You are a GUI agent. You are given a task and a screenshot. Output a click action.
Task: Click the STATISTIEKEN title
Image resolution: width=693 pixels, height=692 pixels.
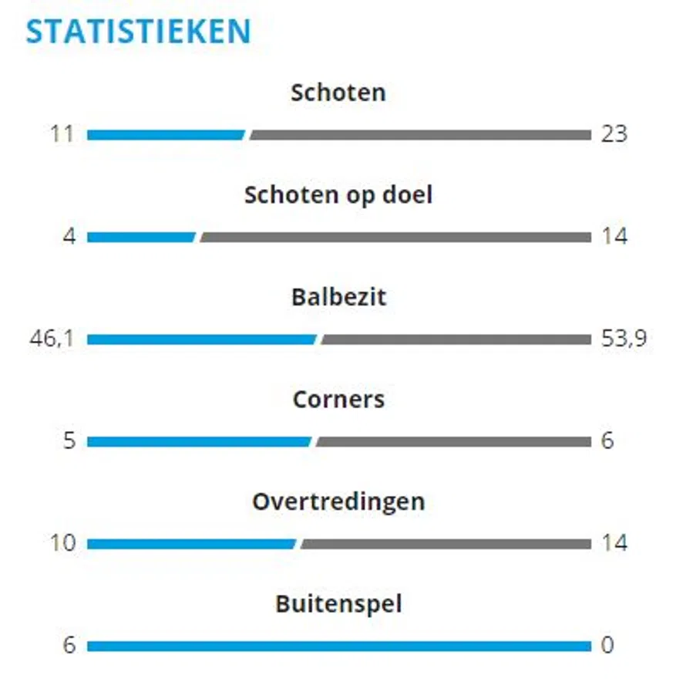click(x=139, y=32)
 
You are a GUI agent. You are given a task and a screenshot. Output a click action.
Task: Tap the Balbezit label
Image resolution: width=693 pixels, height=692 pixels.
click(x=338, y=297)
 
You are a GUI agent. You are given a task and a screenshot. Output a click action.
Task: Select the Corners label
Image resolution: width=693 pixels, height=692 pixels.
click(x=338, y=400)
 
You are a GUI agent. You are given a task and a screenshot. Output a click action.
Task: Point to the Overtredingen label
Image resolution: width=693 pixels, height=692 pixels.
click(x=338, y=501)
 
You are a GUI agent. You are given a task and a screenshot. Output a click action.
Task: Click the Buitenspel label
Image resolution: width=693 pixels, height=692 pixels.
click(x=338, y=603)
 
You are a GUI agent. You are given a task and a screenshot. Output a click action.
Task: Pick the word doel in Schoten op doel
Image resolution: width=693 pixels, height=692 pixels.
click(x=407, y=194)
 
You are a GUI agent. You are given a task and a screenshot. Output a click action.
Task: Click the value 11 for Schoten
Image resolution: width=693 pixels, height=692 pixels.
click(x=62, y=134)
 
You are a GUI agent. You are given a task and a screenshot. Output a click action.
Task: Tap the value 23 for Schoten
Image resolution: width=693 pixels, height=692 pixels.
click(x=614, y=134)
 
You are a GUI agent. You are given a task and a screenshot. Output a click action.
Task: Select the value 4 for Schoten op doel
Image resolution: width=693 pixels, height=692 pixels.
click(x=69, y=237)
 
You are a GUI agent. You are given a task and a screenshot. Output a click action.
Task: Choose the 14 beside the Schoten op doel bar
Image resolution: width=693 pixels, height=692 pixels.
click(x=614, y=237)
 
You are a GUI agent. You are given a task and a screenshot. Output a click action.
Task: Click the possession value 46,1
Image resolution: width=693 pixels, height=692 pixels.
click(x=52, y=339)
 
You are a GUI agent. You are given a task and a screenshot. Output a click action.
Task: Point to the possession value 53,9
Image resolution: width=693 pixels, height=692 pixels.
click(x=624, y=339)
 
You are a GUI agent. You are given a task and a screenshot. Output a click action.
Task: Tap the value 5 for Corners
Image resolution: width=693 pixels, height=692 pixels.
click(x=69, y=441)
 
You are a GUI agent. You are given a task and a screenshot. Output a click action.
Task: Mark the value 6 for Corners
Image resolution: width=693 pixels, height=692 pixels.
click(x=607, y=441)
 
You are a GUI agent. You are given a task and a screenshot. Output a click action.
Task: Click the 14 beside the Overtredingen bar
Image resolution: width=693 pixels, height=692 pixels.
click(x=614, y=543)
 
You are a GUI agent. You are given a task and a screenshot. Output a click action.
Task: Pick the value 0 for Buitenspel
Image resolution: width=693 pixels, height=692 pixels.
click(x=607, y=645)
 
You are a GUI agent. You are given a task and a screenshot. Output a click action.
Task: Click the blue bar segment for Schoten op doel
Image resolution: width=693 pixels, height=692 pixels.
click(x=141, y=238)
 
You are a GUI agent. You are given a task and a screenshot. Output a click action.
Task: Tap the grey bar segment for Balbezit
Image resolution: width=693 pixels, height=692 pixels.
click(x=456, y=339)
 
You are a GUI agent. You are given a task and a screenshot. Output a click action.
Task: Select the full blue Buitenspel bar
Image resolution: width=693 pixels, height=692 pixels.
click(x=338, y=646)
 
